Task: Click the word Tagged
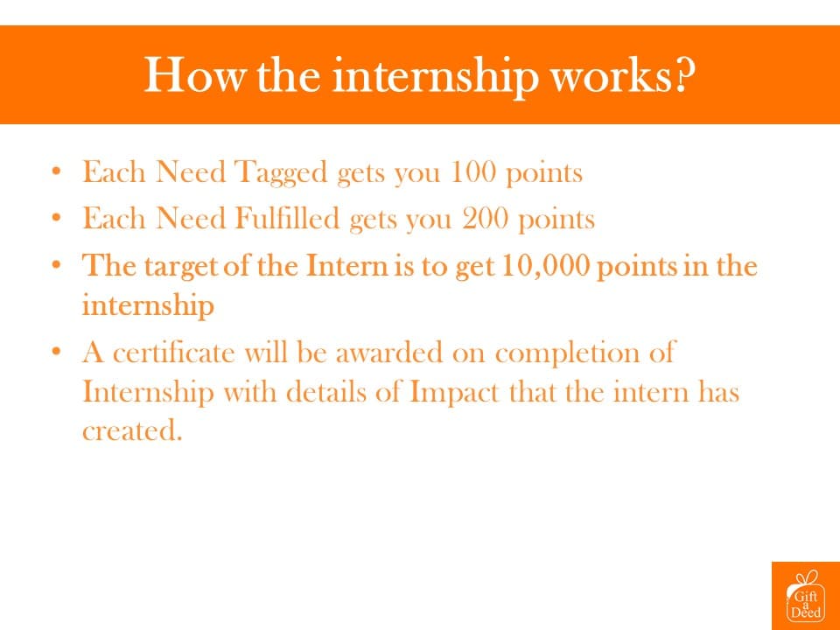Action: (x=281, y=173)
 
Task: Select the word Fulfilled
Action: (x=287, y=218)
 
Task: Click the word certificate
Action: (x=174, y=353)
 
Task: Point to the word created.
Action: (x=132, y=430)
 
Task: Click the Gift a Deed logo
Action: (x=806, y=596)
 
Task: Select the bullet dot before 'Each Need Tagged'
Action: (x=56, y=172)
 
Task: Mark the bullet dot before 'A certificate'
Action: (x=56, y=353)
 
